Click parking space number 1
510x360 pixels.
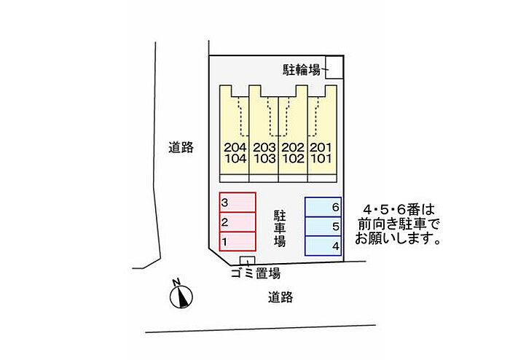[x=238, y=241]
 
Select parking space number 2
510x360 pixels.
[x=238, y=222]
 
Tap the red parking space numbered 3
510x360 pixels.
[x=238, y=202]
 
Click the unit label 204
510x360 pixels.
[x=234, y=146]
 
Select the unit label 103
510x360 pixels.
[x=263, y=157]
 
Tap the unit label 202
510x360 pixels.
[x=292, y=146]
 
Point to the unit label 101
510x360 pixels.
[x=321, y=157]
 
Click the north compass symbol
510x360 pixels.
[x=181, y=294]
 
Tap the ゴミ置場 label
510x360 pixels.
[x=255, y=274]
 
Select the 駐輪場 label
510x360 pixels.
[x=302, y=70]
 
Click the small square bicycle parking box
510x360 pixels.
[x=334, y=66]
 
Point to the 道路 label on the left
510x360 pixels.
[x=181, y=147]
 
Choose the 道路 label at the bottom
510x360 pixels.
[x=280, y=297]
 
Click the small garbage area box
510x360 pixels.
[x=248, y=261]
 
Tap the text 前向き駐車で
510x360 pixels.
[x=396, y=222]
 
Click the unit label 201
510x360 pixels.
[x=321, y=146]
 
